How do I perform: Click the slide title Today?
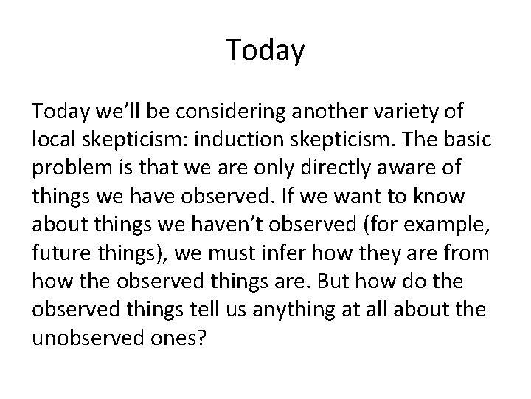265,50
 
